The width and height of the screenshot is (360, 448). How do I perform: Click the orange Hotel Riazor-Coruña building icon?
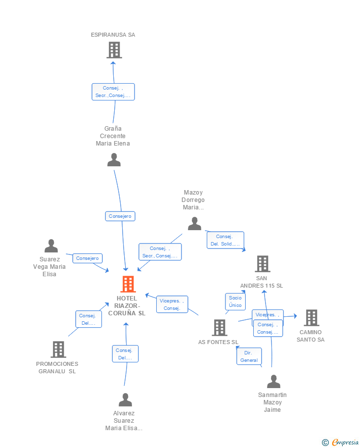[128, 284]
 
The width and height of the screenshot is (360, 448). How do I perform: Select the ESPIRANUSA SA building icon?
[114, 50]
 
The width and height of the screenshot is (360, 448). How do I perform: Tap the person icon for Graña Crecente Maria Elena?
[114, 159]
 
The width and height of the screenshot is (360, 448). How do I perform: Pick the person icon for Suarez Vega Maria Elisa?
[51, 246]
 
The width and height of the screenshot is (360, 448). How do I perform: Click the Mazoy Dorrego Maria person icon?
[194, 224]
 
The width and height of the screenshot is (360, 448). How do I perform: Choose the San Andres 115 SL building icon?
[263, 264]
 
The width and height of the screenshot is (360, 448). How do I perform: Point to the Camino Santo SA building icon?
[311, 318]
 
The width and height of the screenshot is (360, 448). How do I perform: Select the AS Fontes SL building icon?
[219, 328]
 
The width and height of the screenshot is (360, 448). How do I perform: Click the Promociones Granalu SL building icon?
[58, 349]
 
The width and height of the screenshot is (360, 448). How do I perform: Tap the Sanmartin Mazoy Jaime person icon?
[273, 381]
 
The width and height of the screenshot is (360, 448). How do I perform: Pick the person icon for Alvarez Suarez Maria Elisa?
[126, 399]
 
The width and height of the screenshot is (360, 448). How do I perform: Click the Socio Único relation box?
[235, 301]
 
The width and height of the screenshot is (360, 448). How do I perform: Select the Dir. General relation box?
[249, 356]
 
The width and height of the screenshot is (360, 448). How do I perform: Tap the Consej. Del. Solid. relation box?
[225, 240]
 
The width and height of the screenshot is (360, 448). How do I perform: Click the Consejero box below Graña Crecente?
[120, 216]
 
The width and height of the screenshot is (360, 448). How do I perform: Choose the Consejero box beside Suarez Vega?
[88, 258]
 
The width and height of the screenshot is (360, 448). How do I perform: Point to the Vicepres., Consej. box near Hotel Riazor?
[172, 304]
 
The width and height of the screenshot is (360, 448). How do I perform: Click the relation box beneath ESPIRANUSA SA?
[113, 92]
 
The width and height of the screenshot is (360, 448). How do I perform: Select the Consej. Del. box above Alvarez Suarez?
[125, 353]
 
